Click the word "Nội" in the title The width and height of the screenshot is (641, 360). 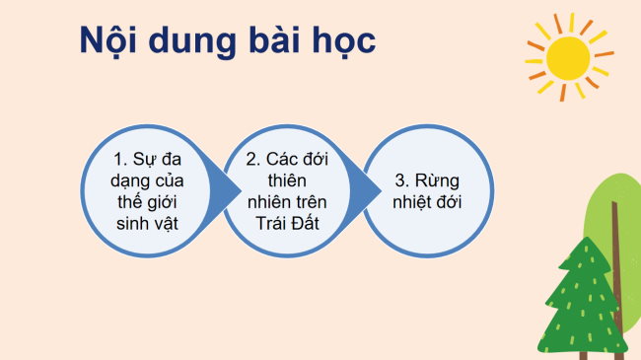click(x=108, y=42)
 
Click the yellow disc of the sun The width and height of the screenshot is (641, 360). click(x=568, y=56)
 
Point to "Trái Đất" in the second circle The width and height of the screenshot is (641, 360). click(x=289, y=225)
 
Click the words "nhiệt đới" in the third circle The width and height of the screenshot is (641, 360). click(x=428, y=203)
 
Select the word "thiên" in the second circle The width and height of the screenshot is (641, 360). click(x=289, y=180)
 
